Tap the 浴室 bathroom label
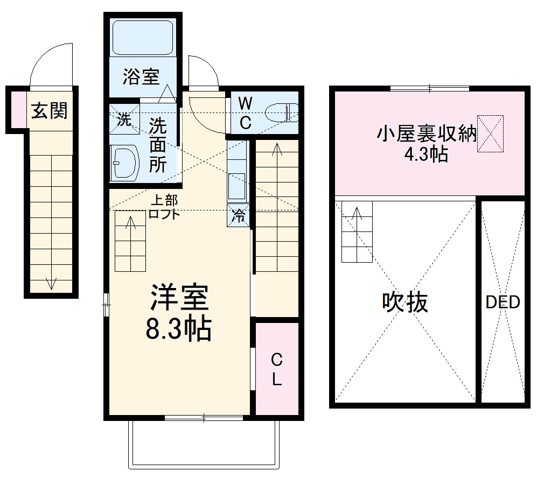click(x=141, y=77)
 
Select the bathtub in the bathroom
click(x=143, y=37)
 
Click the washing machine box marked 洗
click(x=124, y=120)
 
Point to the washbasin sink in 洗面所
click(x=124, y=163)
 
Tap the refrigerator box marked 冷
click(x=238, y=216)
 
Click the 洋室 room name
click(x=178, y=298)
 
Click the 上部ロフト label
click(x=164, y=207)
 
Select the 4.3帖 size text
click(x=426, y=154)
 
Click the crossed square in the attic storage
click(x=490, y=133)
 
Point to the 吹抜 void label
click(x=405, y=302)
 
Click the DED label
click(x=503, y=303)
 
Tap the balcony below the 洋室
click(x=205, y=444)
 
